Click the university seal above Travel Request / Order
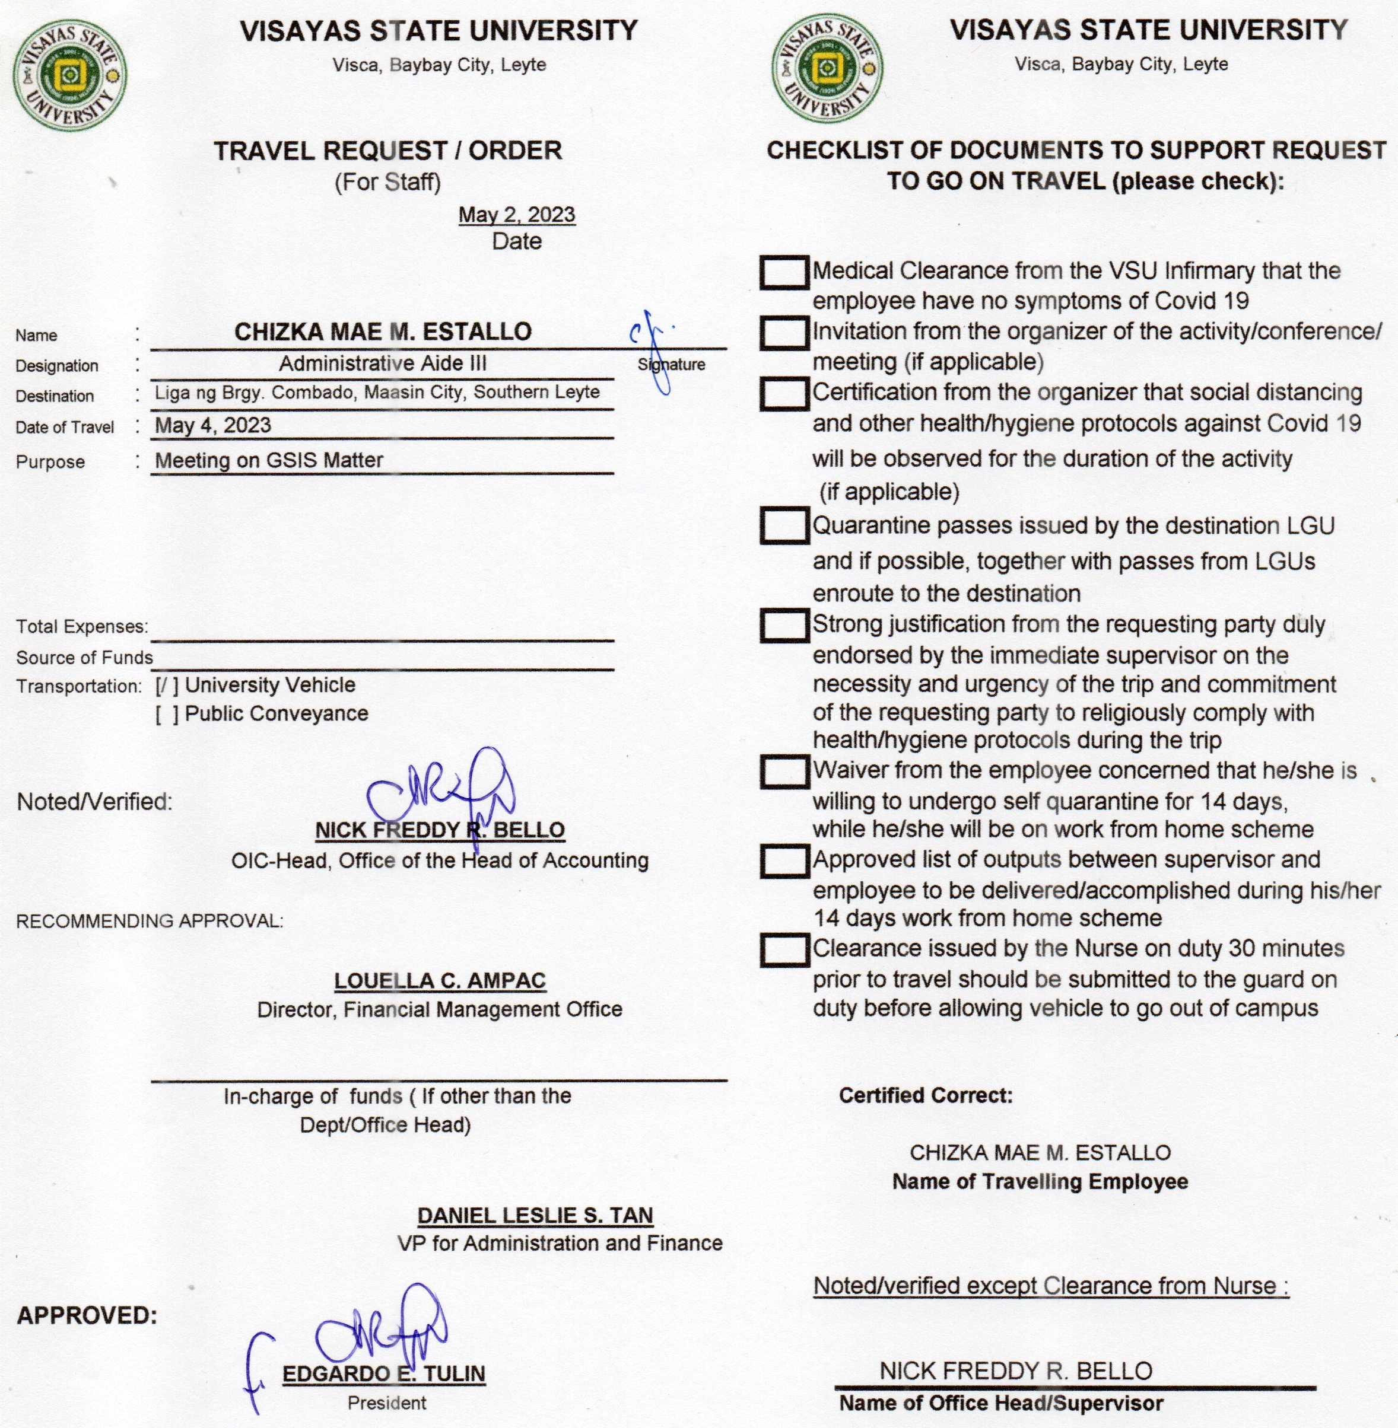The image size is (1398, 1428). point(70,74)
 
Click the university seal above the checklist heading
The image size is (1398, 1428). point(828,69)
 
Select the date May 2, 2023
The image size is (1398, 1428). point(516,215)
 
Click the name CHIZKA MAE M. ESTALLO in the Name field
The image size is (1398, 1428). point(383,332)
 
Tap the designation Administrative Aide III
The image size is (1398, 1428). point(383,364)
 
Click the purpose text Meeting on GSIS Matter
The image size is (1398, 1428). point(269,460)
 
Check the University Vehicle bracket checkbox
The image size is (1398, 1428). point(167,686)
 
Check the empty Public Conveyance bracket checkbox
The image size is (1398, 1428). point(167,714)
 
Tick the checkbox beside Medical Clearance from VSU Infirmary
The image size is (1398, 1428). point(784,272)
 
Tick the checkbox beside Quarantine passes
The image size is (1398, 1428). point(784,526)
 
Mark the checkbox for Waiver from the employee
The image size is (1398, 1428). point(784,772)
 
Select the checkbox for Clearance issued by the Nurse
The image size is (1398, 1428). point(784,950)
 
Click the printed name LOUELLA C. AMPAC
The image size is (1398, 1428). point(440,981)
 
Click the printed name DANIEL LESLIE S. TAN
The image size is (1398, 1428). point(535,1216)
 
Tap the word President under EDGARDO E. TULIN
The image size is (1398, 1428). point(386,1403)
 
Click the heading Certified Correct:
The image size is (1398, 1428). point(925,1095)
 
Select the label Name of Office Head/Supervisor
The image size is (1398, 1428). point(1001,1403)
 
